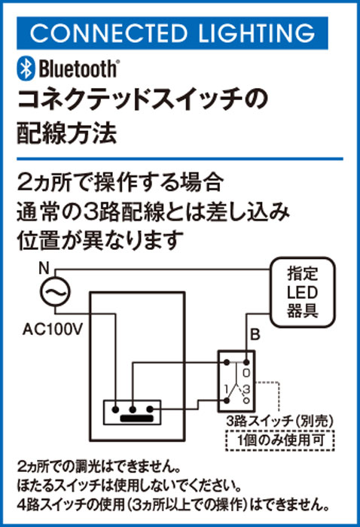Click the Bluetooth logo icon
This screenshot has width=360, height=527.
coord(26,69)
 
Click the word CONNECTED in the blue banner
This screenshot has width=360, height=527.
coord(108,33)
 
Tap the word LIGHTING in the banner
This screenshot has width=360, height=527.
coord(257,33)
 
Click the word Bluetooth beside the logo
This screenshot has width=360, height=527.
coord(78,69)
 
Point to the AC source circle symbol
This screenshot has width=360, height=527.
coord(55,291)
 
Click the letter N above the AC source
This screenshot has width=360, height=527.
coord(44,269)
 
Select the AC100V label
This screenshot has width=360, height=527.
coord(53,330)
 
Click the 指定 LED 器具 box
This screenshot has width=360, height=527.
coord(303,292)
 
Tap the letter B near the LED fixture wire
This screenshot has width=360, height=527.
coord(255,335)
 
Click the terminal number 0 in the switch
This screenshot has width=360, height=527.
coord(246,373)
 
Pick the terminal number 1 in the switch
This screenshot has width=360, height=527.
coord(227,389)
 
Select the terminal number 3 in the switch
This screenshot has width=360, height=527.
coord(246,389)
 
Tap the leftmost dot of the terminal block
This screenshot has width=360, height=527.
coord(115,410)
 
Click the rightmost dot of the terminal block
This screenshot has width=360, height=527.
coord(150,410)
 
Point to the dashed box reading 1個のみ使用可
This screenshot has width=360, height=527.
coord(281,440)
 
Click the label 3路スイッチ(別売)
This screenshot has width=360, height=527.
coord(280,421)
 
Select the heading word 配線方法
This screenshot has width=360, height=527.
coord(67,133)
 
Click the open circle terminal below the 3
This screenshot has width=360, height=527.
coord(247,401)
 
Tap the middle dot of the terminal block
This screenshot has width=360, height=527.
coord(133,410)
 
